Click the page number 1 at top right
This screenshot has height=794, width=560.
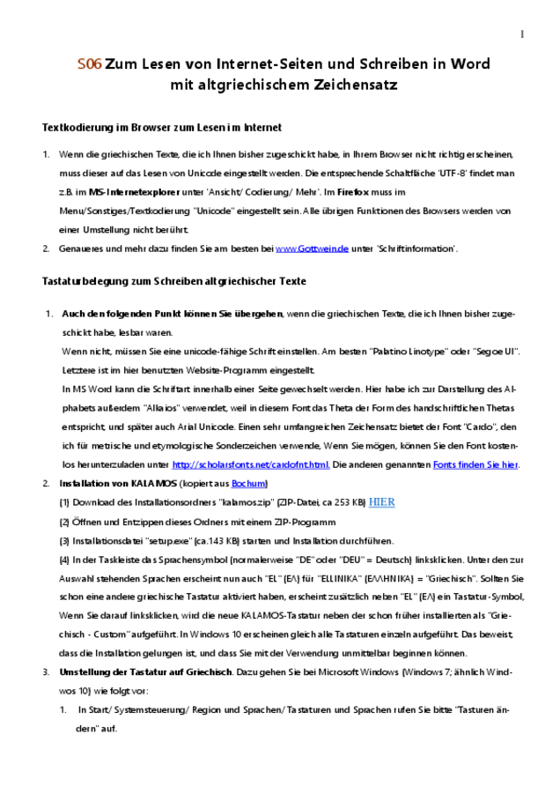tap(521, 34)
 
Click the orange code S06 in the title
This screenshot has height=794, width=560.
tap(89, 64)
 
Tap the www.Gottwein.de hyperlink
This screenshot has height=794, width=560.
tap(312, 249)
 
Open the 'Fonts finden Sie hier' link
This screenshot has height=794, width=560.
tap(475, 464)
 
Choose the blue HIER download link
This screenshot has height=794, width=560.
tap(381, 502)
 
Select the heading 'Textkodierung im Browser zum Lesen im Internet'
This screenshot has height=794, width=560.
tap(162, 128)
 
